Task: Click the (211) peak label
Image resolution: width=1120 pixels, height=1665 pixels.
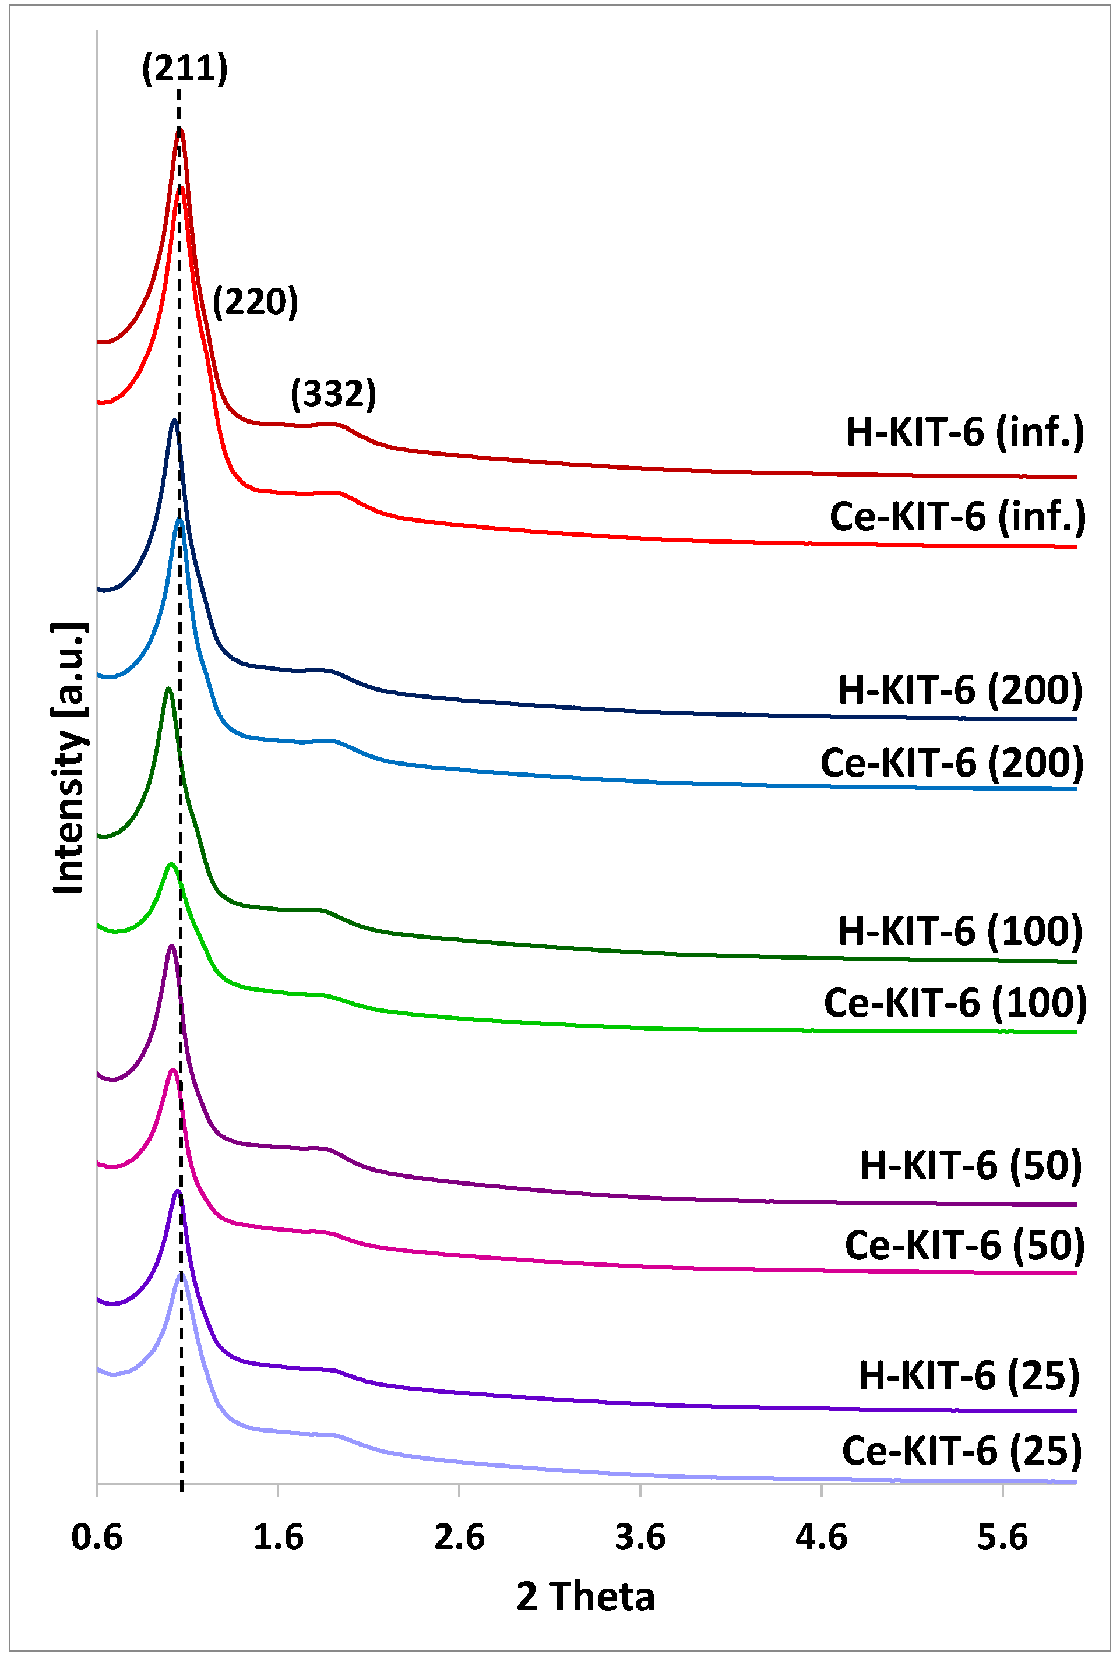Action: [x=185, y=69]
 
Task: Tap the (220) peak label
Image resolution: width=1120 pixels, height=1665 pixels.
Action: [x=255, y=301]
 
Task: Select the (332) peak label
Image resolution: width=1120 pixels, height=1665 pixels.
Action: [x=333, y=393]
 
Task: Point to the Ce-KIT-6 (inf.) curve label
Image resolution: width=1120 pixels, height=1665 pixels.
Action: [x=957, y=516]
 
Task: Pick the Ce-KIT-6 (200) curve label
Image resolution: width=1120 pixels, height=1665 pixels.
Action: [x=952, y=763]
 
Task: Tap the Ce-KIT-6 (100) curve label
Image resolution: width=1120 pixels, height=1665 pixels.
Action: [x=955, y=1003]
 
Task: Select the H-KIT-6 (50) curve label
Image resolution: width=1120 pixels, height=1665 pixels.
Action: [x=971, y=1165]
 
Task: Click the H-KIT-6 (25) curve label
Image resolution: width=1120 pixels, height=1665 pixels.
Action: [x=968, y=1376]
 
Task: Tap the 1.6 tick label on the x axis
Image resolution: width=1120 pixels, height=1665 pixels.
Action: [x=278, y=1537]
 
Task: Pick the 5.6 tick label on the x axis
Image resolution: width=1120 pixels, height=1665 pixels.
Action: [x=1002, y=1537]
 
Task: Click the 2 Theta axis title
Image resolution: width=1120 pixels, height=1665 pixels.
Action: [x=585, y=1597]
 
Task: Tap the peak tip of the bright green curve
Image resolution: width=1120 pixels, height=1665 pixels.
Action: [x=171, y=865]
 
